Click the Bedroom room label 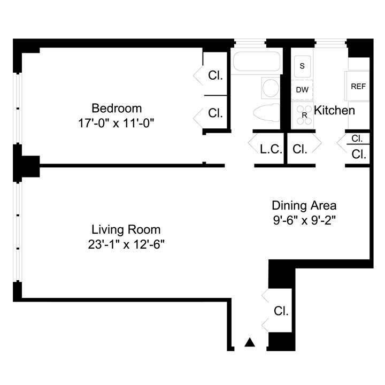pos(116,108)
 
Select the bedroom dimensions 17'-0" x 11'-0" pos(116,122)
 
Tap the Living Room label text pos(126,230)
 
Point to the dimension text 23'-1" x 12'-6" pos(126,244)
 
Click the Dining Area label pos(304,205)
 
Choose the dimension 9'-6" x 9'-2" pos(304,219)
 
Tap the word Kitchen pos(334,111)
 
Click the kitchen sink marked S pos(302,66)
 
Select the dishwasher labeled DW pos(302,89)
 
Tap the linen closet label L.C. pos(271,149)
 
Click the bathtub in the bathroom pos(257,63)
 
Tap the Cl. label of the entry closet pos(281,311)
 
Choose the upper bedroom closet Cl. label pos(215,75)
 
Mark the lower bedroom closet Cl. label pos(215,113)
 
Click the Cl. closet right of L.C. pos(300,149)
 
